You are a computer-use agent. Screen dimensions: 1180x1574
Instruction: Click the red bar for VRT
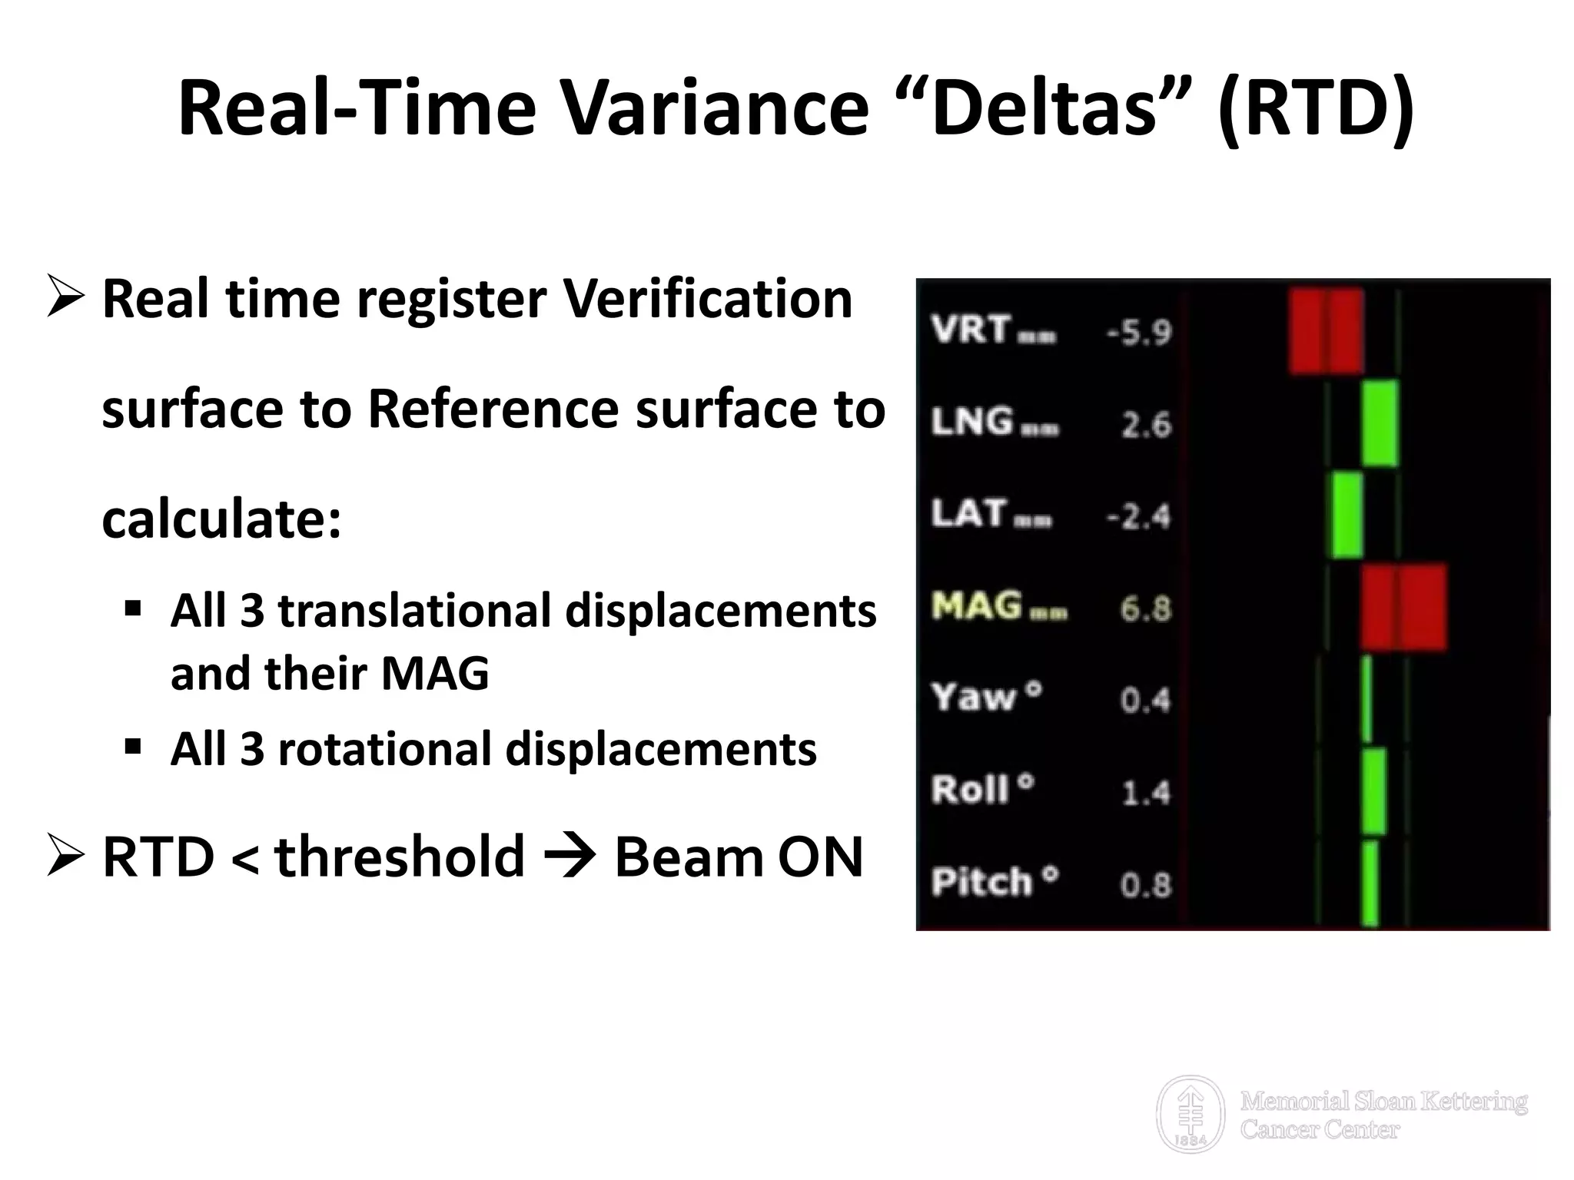[1326, 332]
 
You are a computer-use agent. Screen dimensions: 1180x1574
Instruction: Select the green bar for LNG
[1380, 423]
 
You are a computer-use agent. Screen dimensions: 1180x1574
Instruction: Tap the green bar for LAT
[1347, 515]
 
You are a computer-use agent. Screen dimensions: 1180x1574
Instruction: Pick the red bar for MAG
[1403, 607]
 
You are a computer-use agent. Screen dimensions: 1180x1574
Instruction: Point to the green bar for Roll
[1374, 791]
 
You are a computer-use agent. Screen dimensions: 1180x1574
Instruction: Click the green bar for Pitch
[1370, 883]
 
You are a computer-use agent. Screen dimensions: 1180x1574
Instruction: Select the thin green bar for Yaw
[1366, 698]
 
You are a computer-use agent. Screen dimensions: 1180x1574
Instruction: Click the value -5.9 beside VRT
[1139, 333]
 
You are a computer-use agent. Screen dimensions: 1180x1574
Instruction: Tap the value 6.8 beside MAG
[1145, 609]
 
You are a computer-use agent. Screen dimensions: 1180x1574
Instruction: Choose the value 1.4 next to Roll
[1145, 793]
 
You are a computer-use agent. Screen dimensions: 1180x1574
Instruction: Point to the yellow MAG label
[977, 606]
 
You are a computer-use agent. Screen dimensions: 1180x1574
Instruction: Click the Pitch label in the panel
[981, 882]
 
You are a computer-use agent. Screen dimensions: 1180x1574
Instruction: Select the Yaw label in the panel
[974, 698]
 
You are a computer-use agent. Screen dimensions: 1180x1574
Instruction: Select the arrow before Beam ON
[568, 857]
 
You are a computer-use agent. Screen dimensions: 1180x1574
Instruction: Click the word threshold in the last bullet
[400, 857]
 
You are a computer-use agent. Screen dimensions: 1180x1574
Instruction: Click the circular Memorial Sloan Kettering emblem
[1190, 1114]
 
